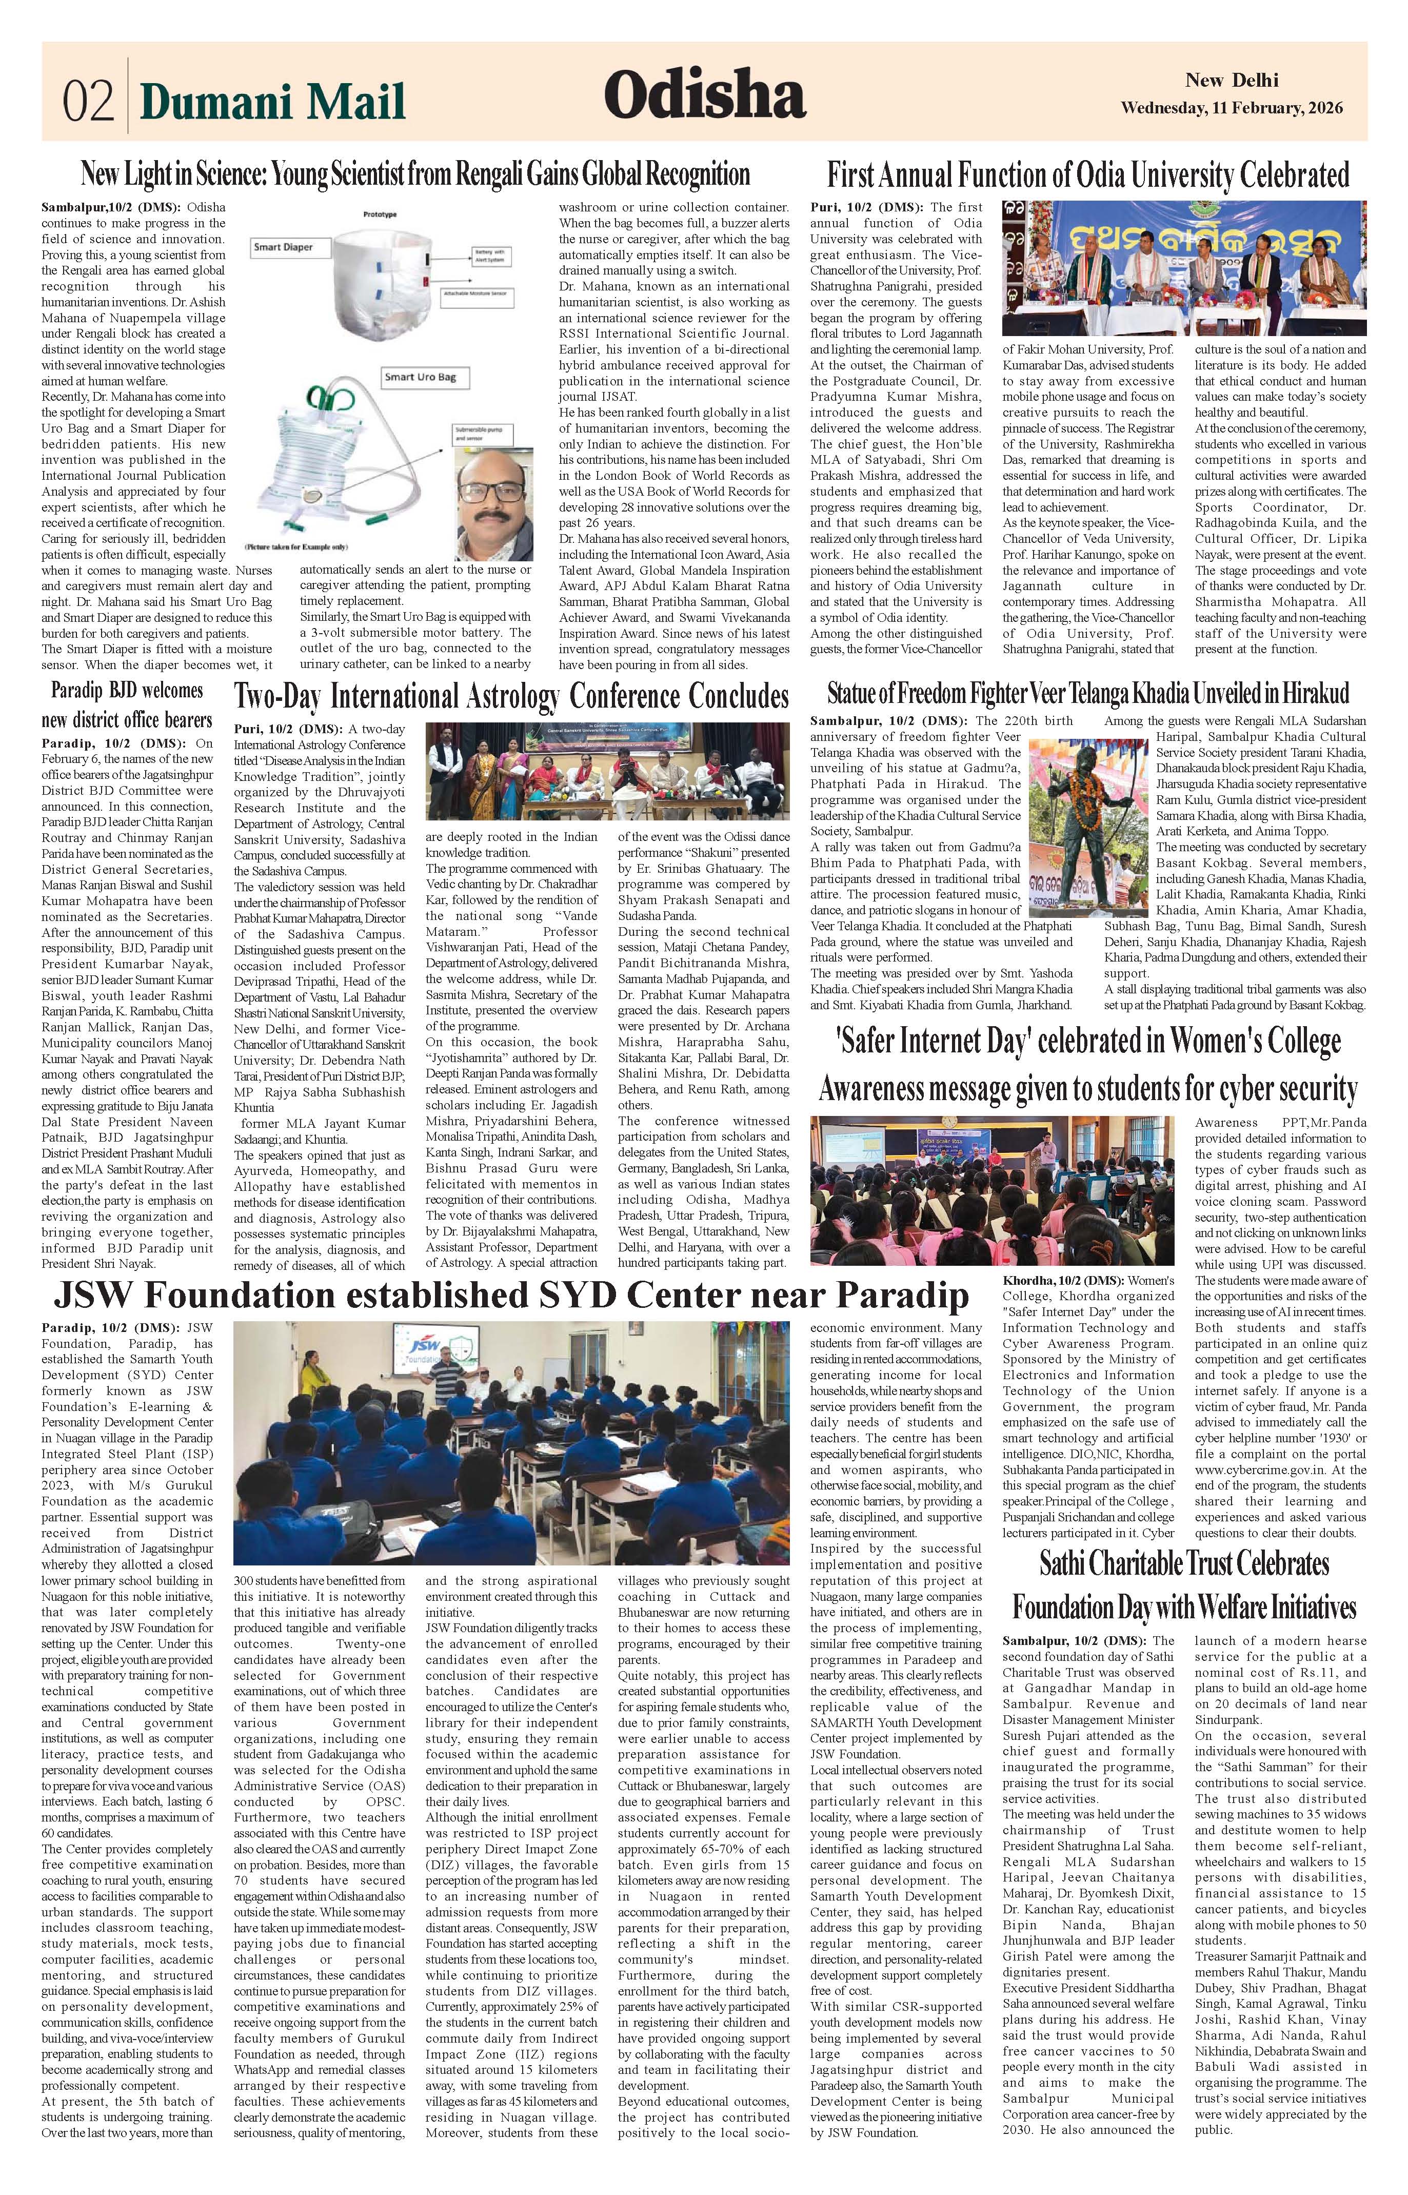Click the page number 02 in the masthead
click(x=88, y=101)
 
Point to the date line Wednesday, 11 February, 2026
click(x=1232, y=108)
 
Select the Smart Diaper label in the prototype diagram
click(x=284, y=247)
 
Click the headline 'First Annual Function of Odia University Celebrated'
click(x=1088, y=174)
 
